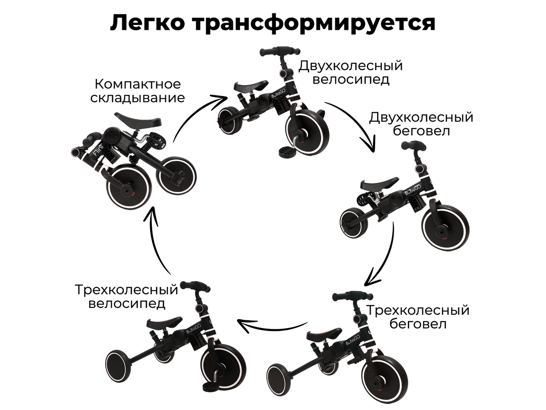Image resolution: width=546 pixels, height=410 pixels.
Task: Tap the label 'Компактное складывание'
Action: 138,91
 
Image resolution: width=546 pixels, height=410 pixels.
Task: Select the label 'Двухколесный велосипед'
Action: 351,73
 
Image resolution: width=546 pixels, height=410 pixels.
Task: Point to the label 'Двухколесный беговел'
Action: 421,123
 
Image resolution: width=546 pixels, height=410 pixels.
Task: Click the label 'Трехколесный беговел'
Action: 418,316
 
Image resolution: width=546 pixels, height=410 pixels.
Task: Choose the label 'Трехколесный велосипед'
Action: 126,297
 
